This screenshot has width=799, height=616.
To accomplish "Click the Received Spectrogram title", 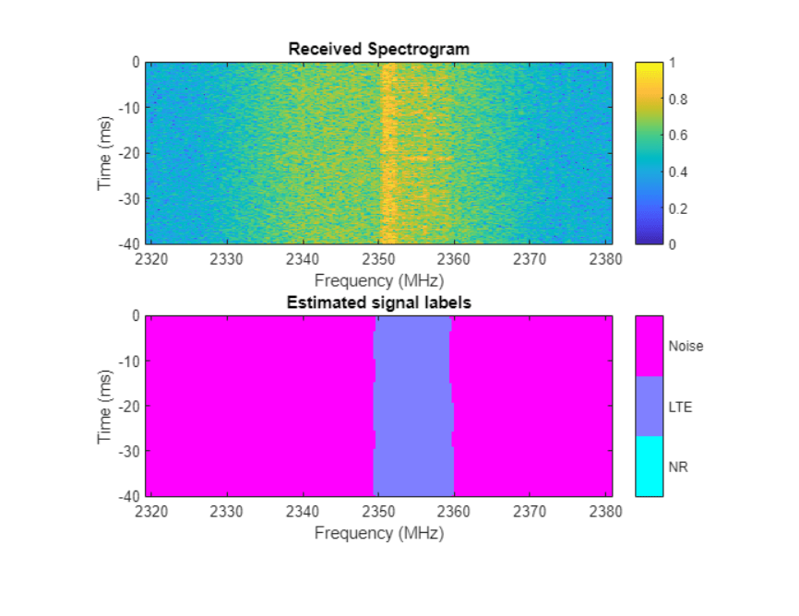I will (x=379, y=49).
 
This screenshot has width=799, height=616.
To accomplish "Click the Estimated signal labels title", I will (x=379, y=302).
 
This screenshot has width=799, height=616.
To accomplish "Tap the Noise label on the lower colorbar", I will (x=686, y=346).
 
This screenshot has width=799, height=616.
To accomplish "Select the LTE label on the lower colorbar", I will (x=680, y=407).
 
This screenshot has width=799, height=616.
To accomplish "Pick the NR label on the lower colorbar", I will (x=678, y=468).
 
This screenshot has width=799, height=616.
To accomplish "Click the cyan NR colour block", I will (x=649, y=466).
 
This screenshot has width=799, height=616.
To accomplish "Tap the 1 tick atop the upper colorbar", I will (x=674, y=63).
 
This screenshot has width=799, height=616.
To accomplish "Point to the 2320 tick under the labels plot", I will (x=151, y=512).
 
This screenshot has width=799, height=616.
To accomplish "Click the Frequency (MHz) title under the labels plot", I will (x=379, y=533).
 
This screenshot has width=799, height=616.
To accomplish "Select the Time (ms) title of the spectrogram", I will (x=104, y=153).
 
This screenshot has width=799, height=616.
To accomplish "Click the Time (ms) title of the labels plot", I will (x=104, y=406).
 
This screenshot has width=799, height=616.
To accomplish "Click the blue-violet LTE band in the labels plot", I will (x=412, y=406).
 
